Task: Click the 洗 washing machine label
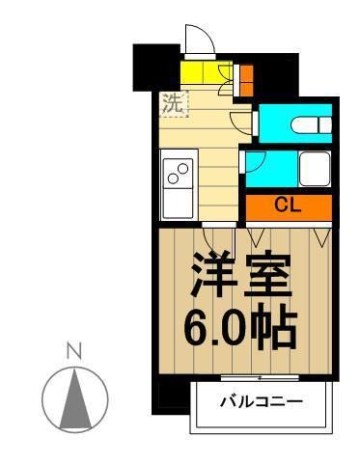[173, 103]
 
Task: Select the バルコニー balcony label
[261, 401]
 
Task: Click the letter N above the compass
[70, 350]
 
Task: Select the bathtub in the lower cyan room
[315, 170]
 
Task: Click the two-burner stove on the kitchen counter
[179, 175]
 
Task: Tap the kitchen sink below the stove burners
[179, 204]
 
